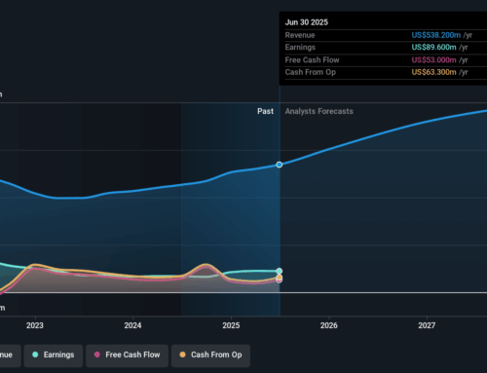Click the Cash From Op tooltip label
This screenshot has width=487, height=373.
click(311, 73)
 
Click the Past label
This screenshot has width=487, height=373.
click(265, 112)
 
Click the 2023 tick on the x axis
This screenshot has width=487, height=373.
click(35, 325)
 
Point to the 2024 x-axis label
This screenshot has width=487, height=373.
click(133, 325)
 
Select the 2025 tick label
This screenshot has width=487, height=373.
click(231, 325)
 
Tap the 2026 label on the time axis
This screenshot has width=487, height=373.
click(329, 325)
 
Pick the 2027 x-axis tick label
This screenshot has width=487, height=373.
click(427, 325)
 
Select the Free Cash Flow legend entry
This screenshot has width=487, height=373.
click(126, 354)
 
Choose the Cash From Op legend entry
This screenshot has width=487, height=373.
click(210, 354)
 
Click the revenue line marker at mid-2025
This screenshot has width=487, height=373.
click(280, 165)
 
